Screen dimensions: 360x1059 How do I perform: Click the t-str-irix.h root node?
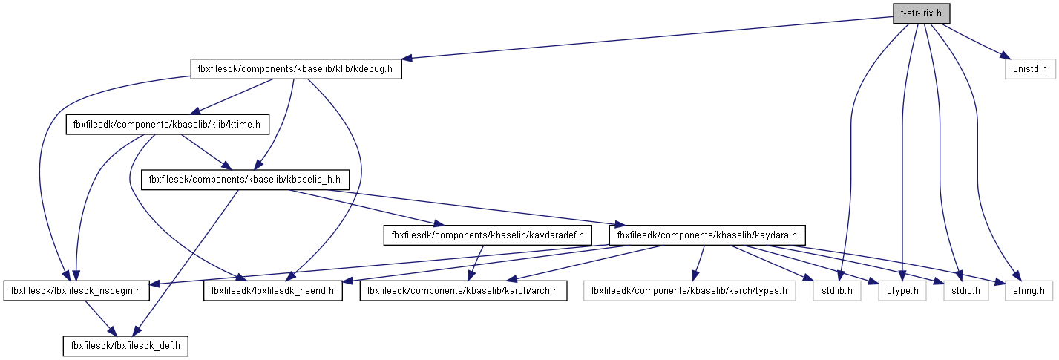pos(922,13)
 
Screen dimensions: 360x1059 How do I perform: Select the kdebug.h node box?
pos(296,69)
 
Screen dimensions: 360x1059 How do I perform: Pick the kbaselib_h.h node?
pos(244,179)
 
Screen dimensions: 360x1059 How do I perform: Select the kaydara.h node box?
pos(706,235)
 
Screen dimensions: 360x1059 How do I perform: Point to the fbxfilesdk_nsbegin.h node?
pos(77,291)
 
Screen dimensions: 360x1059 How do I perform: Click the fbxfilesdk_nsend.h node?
pos(273,291)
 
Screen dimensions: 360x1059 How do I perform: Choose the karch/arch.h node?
pos(463,291)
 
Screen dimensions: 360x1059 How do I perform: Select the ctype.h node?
pos(902,291)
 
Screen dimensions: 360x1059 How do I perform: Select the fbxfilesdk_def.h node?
pos(125,346)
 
